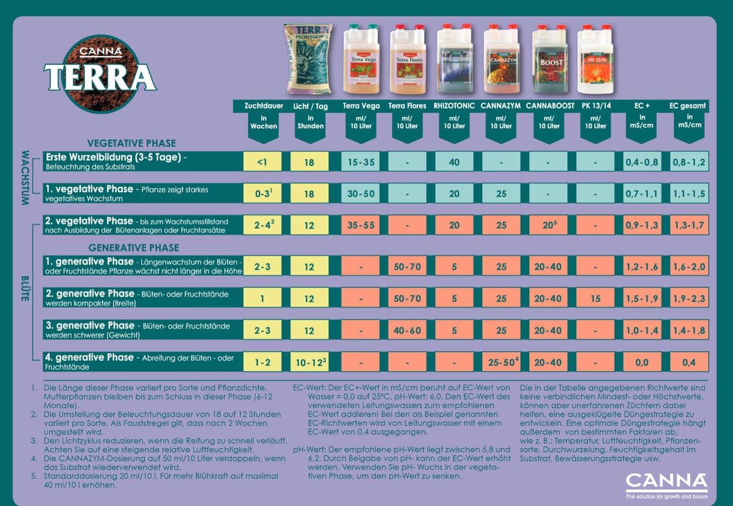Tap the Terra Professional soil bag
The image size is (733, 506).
(x=308, y=59)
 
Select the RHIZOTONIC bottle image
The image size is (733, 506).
(x=455, y=59)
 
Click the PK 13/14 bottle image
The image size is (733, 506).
(x=595, y=59)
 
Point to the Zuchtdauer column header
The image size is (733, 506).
(x=263, y=106)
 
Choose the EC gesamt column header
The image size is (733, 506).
(x=688, y=106)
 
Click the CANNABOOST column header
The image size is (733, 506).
(x=548, y=106)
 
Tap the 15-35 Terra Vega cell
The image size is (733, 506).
(x=360, y=162)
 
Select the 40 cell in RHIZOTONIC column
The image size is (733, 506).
(x=454, y=162)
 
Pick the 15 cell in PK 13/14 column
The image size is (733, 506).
(x=595, y=299)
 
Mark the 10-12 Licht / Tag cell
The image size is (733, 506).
(x=309, y=363)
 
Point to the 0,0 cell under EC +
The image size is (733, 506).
(x=642, y=363)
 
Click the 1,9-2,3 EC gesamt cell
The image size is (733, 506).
(x=689, y=299)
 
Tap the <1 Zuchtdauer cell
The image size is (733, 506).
(x=262, y=162)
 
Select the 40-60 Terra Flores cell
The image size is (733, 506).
(x=407, y=330)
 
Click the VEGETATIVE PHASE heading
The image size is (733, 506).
(x=131, y=143)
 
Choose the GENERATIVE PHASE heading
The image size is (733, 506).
(x=134, y=248)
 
